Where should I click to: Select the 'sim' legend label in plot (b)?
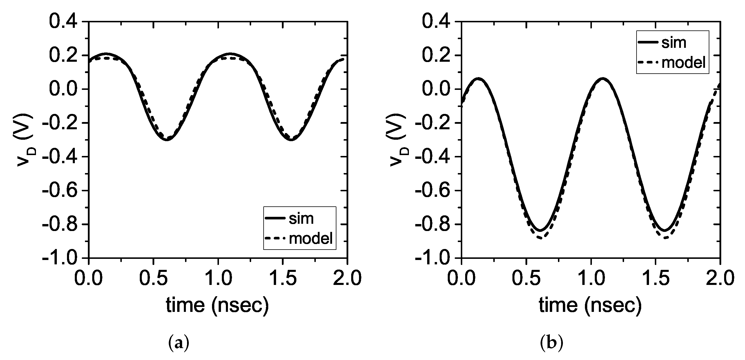point(674,43)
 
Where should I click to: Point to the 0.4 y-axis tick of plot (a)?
point(63,21)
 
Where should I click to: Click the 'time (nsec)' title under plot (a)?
point(217,305)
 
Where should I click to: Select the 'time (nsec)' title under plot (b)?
point(590,305)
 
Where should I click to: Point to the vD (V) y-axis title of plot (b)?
point(397,141)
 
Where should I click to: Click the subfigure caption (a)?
point(179,343)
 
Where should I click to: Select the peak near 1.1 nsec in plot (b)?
point(601,78)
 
